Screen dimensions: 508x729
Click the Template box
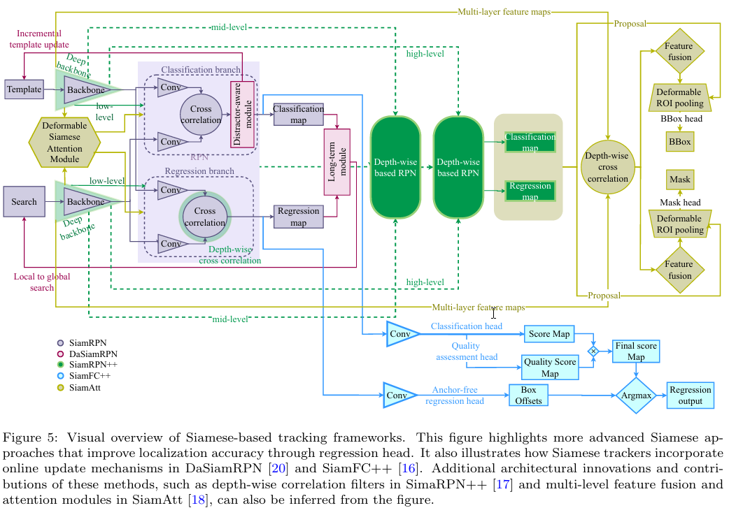pos(24,89)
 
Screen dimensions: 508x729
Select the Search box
pos(24,202)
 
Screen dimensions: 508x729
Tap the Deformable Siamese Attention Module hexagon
pos(64,143)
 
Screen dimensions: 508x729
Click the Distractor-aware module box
pos(241,114)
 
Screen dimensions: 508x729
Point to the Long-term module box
pos(337,162)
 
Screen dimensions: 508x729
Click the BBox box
pos(679,142)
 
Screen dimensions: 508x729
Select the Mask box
pos(679,180)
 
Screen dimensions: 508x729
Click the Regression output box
pos(691,395)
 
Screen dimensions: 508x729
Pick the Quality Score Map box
pos(550,368)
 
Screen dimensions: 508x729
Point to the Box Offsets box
pos(528,395)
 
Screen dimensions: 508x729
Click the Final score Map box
pos(635,351)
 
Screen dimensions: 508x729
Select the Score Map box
pos(549,334)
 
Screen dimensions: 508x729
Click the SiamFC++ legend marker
pos(61,375)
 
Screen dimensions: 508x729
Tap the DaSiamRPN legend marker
pos(61,354)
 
